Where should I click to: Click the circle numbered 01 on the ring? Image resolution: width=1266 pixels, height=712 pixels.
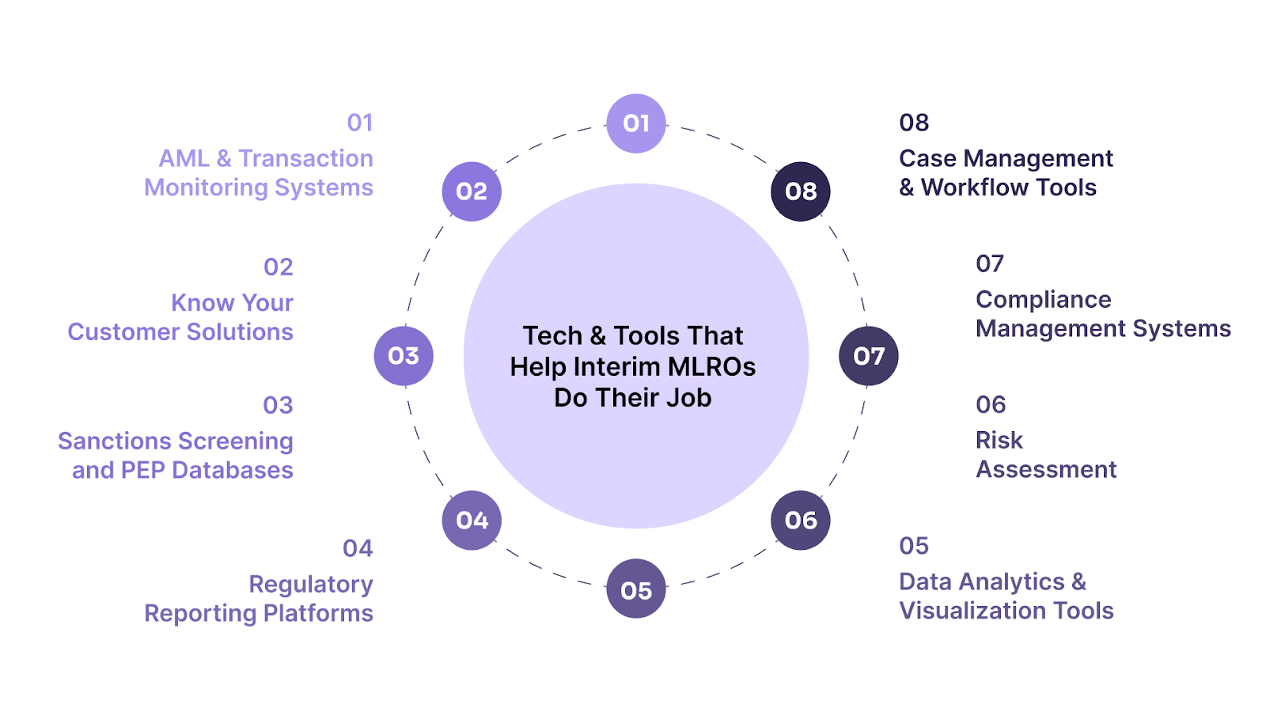tap(636, 123)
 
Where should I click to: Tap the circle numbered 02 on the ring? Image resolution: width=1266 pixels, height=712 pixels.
tap(472, 191)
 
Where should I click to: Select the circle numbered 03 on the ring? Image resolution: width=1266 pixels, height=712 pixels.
tap(404, 356)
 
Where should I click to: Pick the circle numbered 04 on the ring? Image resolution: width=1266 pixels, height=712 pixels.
tap(472, 521)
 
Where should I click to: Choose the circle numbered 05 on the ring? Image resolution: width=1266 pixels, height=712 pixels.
tap(636, 589)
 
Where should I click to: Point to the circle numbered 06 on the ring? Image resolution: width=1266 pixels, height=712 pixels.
tap(801, 521)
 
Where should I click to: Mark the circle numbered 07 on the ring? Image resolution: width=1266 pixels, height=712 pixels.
tap(869, 356)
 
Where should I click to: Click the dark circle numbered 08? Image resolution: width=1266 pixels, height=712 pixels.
tap(801, 191)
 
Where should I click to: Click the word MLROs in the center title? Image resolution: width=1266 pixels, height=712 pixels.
tap(712, 367)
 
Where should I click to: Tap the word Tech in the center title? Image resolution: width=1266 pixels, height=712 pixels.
tap(552, 336)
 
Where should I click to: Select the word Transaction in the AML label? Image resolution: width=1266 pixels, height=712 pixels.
tap(305, 158)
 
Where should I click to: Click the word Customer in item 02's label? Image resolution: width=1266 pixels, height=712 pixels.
tap(116, 331)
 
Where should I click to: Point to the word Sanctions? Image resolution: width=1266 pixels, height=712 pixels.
tap(114, 441)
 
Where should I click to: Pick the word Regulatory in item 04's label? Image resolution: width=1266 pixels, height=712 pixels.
tap(311, 585)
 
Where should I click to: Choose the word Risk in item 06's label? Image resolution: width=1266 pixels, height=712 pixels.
tap(999, 440)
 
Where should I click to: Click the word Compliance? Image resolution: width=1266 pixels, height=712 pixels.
tap(1043, 300)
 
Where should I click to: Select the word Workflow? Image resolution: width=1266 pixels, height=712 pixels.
tap(975, 187)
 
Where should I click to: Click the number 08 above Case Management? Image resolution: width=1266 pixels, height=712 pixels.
tap(914, 123)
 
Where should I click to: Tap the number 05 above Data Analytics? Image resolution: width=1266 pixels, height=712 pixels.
tap(914, 546)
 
